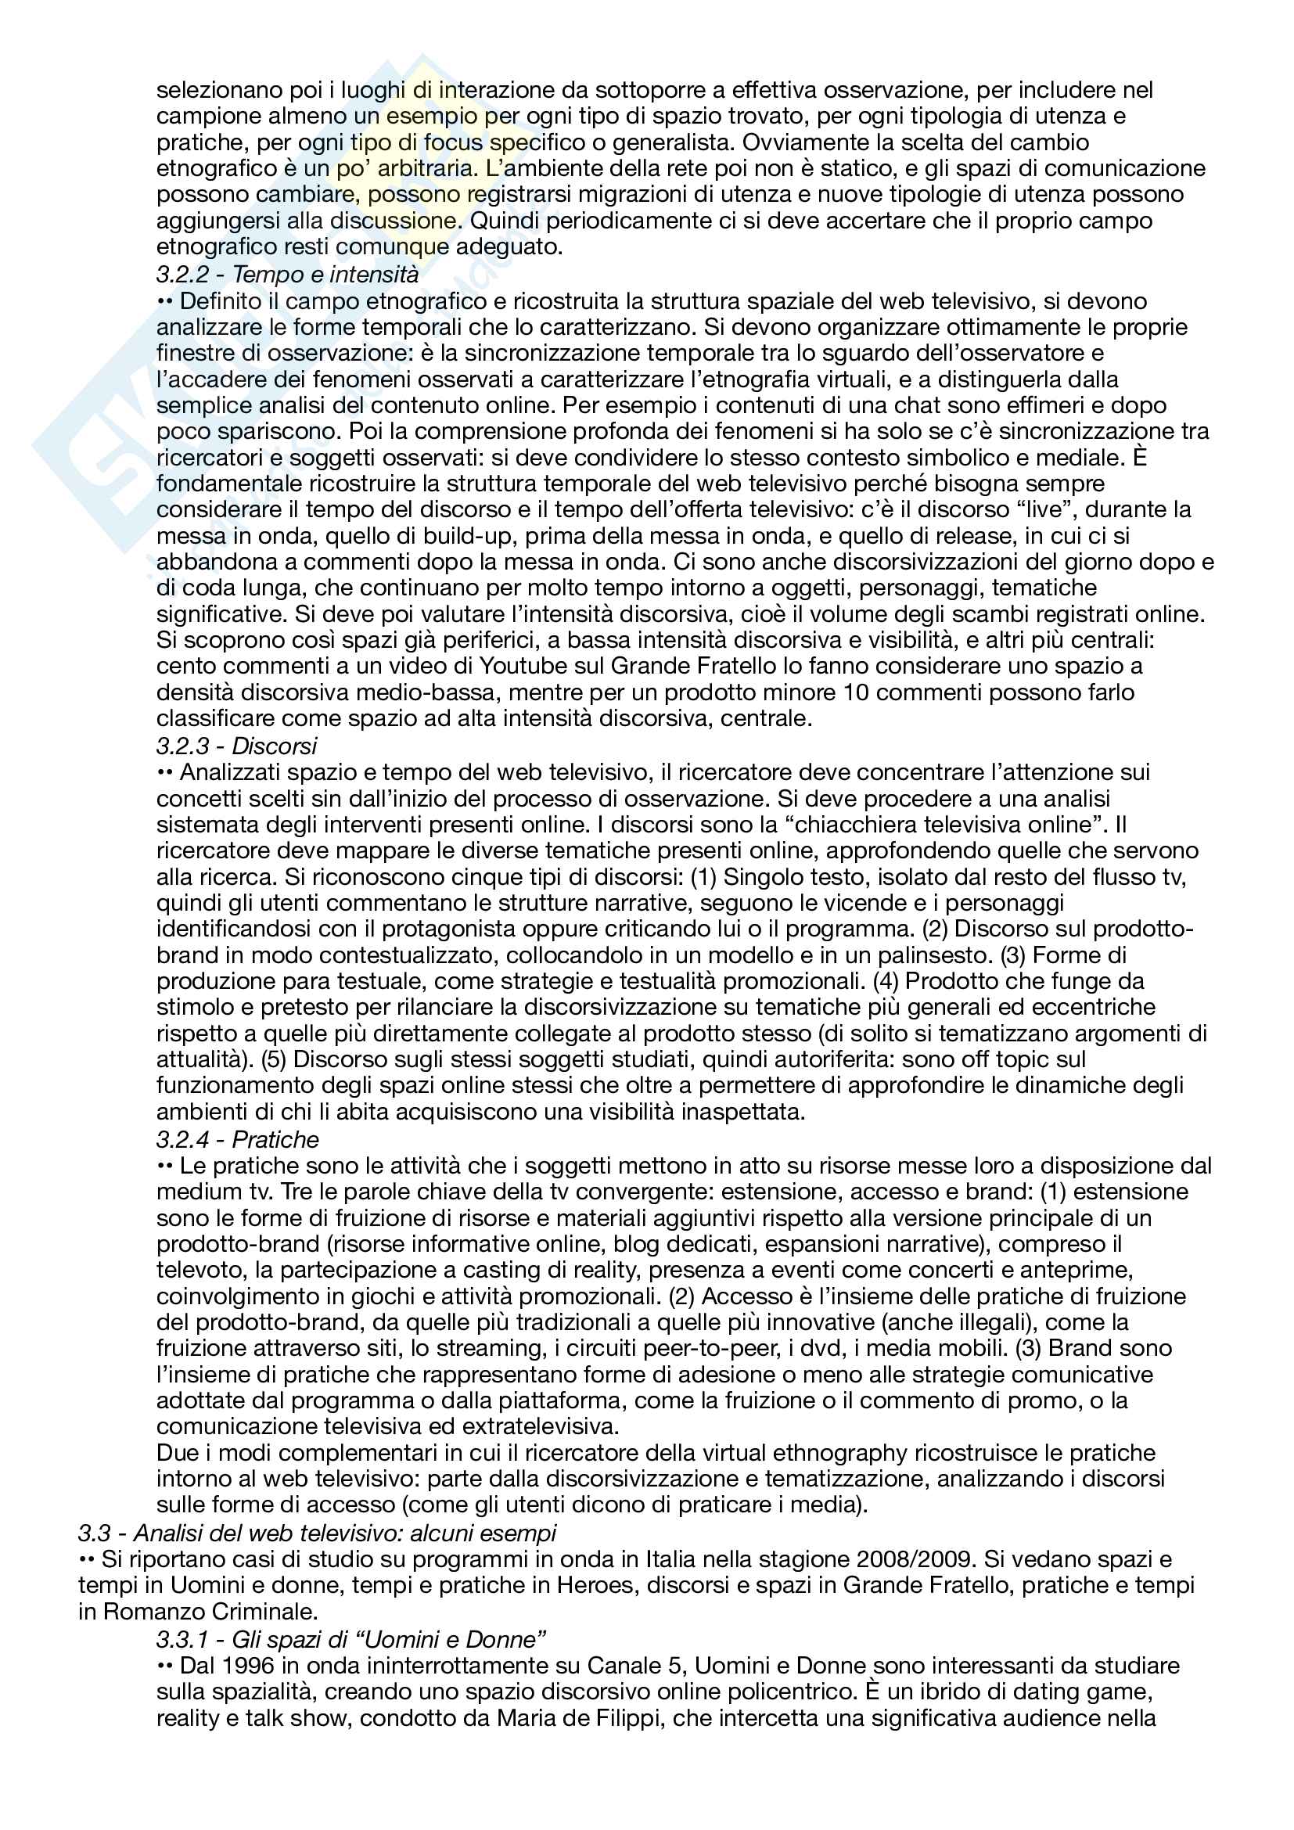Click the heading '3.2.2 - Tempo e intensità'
pyautogui.click(x=287, y=274)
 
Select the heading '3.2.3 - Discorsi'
pyautogui.click(x=236, y=746)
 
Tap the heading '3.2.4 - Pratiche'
pyautogui.click(x=238, y=1140)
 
